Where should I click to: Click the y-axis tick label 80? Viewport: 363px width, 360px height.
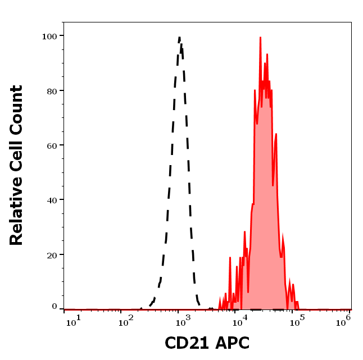click(51, 90)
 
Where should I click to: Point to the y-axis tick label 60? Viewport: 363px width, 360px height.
click(51, 145)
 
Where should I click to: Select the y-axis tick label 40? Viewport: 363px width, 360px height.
click(51, 200)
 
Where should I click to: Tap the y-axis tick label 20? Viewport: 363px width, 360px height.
click(51, 254)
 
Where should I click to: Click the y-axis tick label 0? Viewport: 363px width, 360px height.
click(55, 307)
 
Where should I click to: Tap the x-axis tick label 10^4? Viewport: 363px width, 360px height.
click(243, 320)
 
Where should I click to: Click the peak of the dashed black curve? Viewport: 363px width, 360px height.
click(179, 38)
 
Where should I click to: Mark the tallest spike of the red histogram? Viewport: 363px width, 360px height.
click(261, 38)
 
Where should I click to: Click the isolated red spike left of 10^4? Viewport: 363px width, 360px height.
click(230, 258)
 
